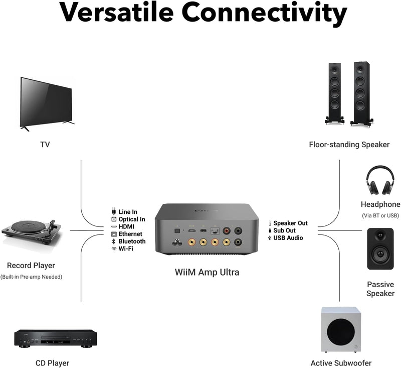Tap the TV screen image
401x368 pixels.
(x=46, y=102)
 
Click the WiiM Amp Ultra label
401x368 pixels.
(x=207, y=273)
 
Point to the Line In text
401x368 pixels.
(x=127, y=212)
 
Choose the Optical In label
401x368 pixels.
(x=131, y=219)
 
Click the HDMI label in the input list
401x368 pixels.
(x=126, y=227)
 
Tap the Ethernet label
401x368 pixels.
(x=130, y=234)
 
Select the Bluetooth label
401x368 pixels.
(x=132, y=241)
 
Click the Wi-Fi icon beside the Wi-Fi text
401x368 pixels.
(x=114, y=249)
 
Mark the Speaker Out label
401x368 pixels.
(x=290, y=223)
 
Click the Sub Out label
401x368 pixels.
(x=284, y=230)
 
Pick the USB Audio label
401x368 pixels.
(x=288, y=238)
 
